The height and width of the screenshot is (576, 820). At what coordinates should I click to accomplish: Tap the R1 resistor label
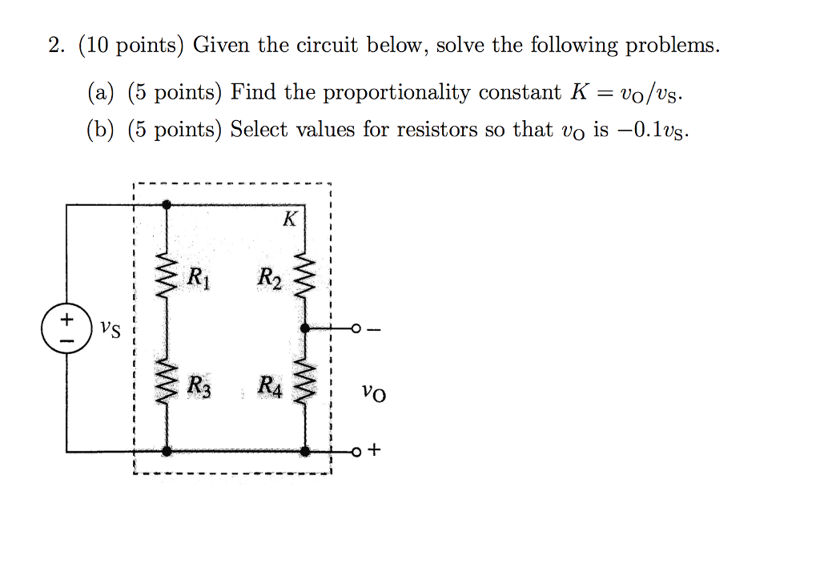point(199,277)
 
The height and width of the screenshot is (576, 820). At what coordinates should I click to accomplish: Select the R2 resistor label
point(269,278)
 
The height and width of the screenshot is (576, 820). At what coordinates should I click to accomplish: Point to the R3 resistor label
point(199,387)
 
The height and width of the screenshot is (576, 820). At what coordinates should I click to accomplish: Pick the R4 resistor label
point(270,387)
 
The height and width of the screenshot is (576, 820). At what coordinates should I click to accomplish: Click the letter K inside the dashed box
point(290,218)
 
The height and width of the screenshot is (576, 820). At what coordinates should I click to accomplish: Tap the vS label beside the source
point(111,329)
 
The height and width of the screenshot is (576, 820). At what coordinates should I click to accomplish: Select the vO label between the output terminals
point(374,393)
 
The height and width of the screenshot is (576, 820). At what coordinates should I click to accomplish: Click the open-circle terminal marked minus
point(356,328)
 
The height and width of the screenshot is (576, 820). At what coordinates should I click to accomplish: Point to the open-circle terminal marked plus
point(356,452)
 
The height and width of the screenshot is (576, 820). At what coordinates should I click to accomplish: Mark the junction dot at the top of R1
point(167,204)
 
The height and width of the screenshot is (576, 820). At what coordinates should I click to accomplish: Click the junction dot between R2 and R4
point(305,328)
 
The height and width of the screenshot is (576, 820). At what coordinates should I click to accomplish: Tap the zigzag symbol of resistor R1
point(167,276)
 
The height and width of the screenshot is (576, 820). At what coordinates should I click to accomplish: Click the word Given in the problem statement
point(221,45)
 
